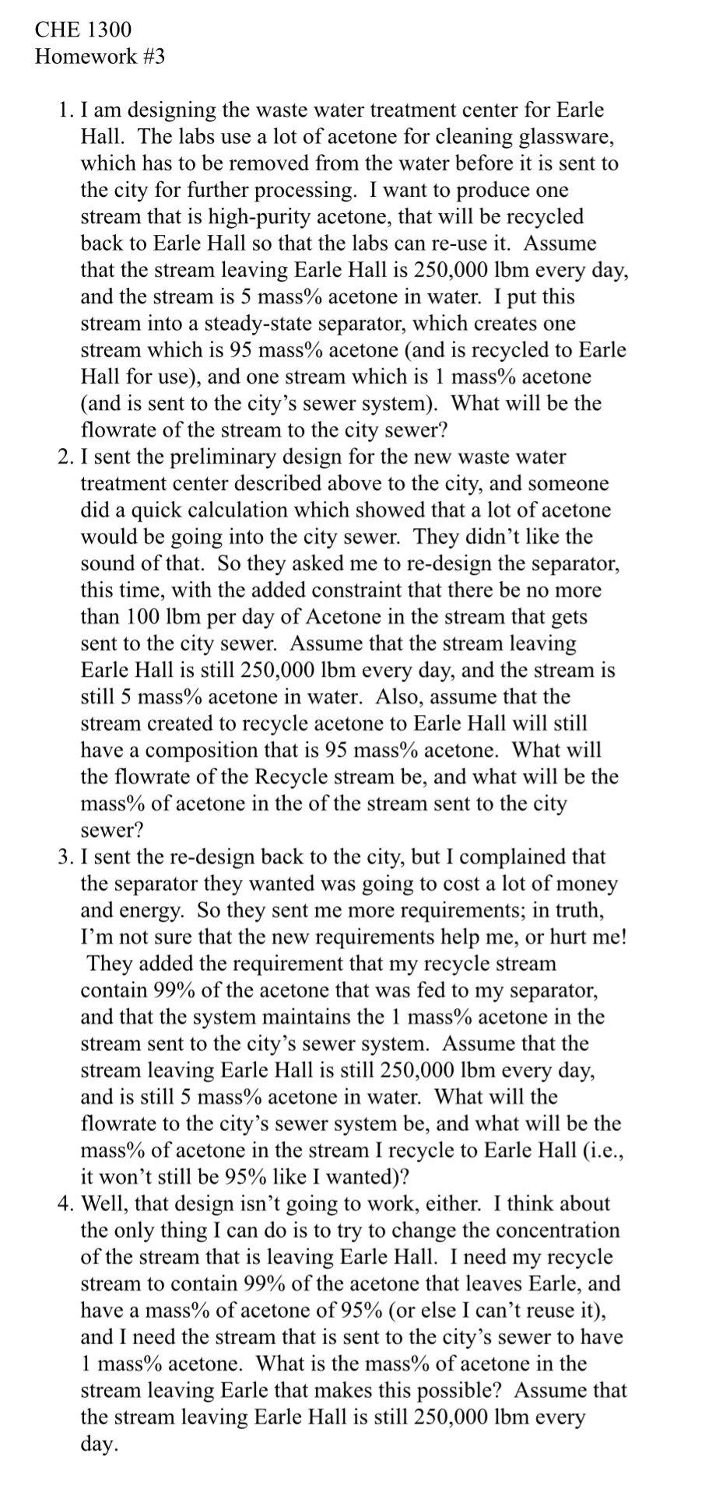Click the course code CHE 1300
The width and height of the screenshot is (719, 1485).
pos(83,30)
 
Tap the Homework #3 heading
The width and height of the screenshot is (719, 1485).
pos(100,57)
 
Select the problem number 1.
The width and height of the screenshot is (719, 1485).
pos(65,110)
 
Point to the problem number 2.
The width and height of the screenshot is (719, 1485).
pos(65,457)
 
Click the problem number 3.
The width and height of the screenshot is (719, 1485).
pos(65,856)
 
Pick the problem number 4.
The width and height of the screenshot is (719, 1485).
pos(65,1203)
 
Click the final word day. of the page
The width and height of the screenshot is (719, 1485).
pos(100,1444)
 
